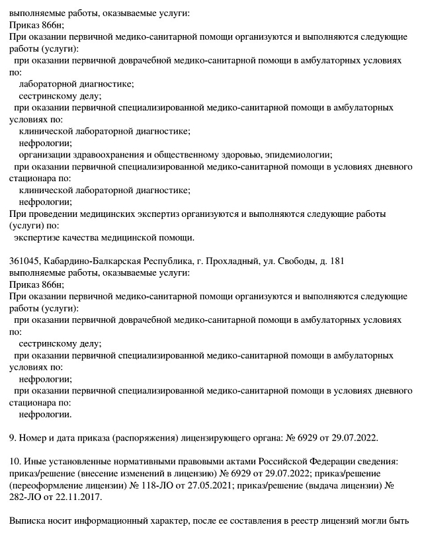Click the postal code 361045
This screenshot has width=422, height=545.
24,261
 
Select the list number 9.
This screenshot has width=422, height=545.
13,438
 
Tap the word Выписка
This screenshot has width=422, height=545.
28,521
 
